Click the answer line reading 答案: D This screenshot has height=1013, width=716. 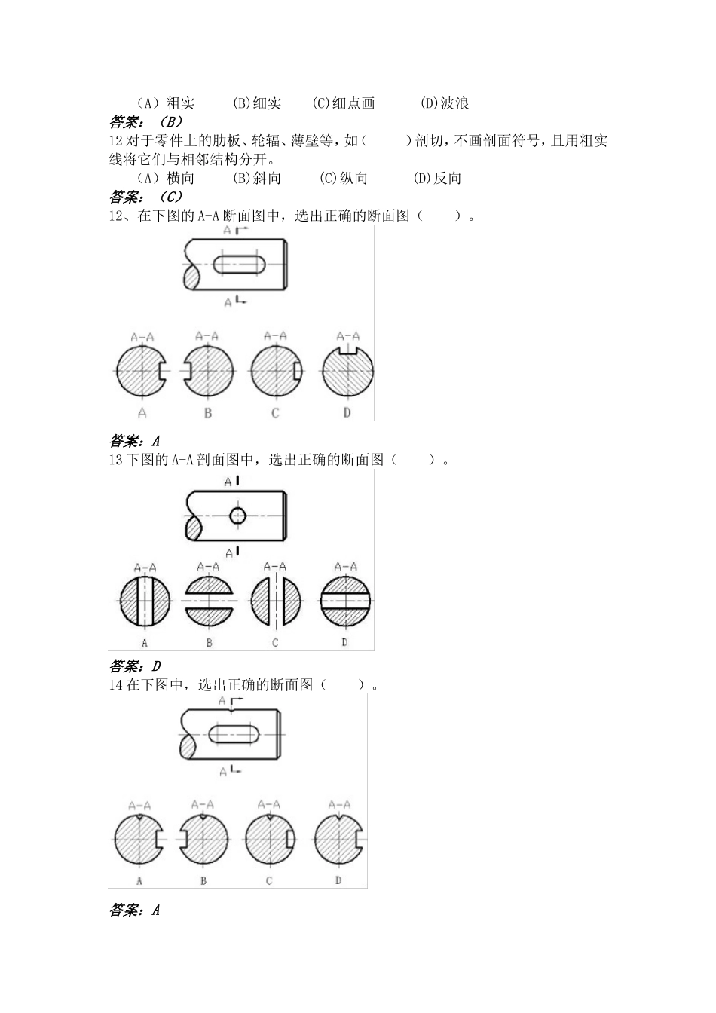tap(136, 666)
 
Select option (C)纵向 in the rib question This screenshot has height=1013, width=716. tap(344, 179)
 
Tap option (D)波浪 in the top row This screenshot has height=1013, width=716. tap(445, 103)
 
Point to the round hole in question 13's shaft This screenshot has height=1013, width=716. tap(238, 516)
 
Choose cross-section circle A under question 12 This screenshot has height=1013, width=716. tap(142, 372)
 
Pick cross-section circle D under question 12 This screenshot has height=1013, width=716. tap(347, 371)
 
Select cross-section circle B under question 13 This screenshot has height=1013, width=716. tap(209, 601)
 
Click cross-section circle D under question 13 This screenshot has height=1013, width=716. tap(345, 601)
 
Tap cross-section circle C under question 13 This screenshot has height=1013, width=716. tap(276, 601)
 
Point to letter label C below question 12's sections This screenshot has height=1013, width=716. tap(275, 413)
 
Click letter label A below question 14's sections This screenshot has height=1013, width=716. tap(140, 880)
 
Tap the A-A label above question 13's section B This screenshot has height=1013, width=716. tap(208, 567)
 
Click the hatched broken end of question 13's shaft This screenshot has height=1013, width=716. tap(194, 528)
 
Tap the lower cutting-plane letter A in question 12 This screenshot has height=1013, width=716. tap(228, 302)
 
